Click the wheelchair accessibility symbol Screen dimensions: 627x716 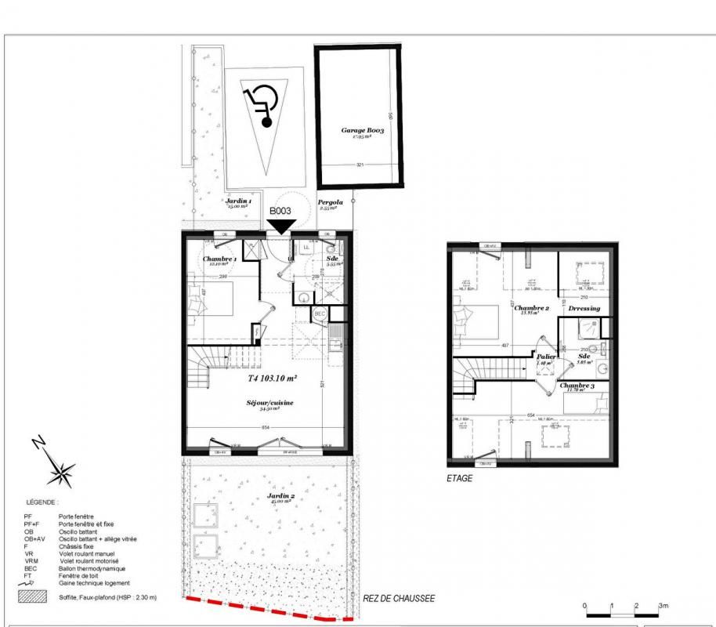coord(262,107)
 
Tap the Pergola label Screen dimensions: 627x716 coord(330,202)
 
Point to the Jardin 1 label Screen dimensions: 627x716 coord(238,201)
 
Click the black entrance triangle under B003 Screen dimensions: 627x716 coord(281,226)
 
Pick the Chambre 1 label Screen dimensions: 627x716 coord(219,259)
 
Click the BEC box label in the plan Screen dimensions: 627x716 coord(320,313)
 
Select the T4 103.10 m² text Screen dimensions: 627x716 coord(267,378)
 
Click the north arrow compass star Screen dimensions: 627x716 coord(60,470)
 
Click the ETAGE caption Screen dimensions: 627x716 coord(460,478)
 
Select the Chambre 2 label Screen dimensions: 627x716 coord(530,309)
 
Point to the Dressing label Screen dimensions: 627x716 coord(584,309)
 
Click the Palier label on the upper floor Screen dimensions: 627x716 coord(546,357)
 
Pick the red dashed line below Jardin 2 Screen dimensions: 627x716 coord(266,611)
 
